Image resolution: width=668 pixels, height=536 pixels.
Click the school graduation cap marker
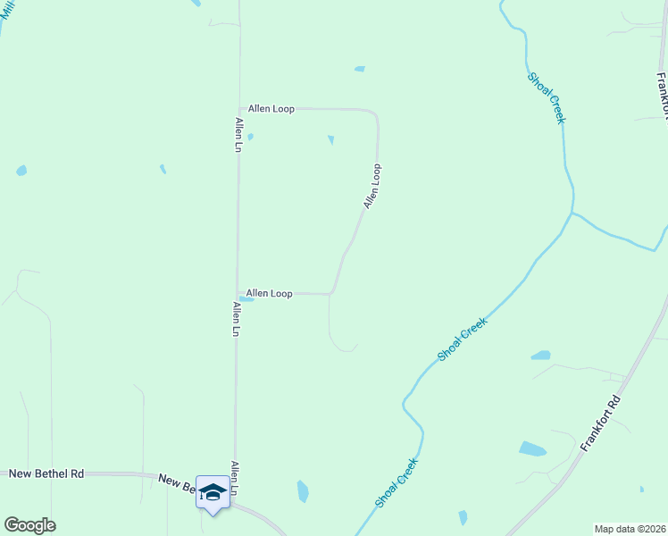(213, 492)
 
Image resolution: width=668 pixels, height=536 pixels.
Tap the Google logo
(29, 525)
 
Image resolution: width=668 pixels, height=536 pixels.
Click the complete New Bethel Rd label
(46, 473)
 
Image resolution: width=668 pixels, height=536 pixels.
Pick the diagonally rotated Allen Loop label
(372, 187)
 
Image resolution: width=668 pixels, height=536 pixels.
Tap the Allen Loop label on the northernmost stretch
(271, 109)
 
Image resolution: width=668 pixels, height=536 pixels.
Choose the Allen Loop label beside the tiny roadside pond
(269, 293)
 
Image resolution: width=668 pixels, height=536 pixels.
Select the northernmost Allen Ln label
(238, 135)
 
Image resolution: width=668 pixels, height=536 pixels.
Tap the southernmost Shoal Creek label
(397, 483)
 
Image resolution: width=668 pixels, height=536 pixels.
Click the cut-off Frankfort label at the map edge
(662, 94)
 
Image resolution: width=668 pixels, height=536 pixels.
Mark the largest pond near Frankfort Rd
(532, 448)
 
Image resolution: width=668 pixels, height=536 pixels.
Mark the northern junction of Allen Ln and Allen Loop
(238, 109)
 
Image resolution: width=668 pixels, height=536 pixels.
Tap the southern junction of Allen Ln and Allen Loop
(238, 293)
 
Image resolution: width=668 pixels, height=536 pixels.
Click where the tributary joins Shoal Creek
(572, 214)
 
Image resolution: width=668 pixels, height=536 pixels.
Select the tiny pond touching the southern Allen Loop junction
(246, 299)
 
